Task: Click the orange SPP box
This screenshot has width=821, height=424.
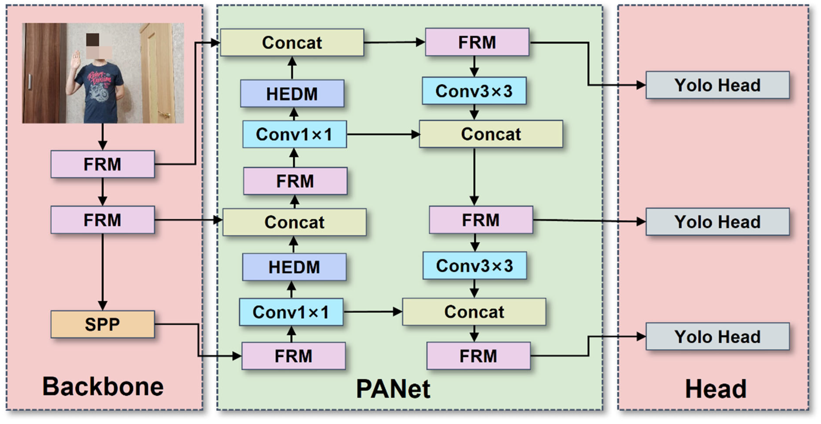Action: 103,324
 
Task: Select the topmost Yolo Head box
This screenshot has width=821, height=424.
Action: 717,85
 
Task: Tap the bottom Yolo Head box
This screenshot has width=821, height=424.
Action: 717,337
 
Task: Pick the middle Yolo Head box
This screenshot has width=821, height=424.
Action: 717,222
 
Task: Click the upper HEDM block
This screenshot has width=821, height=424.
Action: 292,94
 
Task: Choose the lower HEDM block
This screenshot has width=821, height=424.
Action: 294,267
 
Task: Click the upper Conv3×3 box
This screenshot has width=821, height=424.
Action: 474,91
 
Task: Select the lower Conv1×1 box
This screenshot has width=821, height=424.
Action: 291,312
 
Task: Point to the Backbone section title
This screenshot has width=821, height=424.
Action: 103,387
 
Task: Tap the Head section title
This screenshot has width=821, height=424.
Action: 716,389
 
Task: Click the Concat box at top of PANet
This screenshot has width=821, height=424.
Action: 292,42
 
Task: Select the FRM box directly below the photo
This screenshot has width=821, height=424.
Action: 103,164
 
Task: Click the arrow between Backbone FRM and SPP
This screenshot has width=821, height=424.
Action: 103,271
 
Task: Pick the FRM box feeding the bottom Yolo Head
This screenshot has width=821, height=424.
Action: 478,356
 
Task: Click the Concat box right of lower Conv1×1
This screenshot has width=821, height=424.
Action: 474,312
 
